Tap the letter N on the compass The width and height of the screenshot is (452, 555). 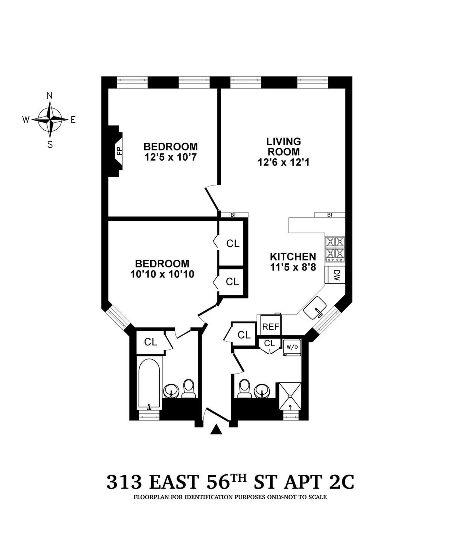pyautogui.click(x=49, y=96)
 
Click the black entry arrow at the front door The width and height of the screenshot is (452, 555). pyautogui.click(x=216, y=429)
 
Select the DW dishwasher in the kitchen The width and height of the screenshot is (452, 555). pyautogui.click(x=335, y=275)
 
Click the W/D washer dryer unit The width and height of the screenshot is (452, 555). pyautogui.click(x=292, y=348)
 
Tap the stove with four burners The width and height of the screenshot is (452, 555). pyautogui.click(x=335, y=249)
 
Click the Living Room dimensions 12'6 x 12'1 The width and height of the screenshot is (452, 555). pyautogui.click(x=283, y=162)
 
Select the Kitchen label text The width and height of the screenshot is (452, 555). pyautogui.click(x=293, y=257)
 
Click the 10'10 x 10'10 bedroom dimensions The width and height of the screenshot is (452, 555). pyautogui.click(x=162, y=274)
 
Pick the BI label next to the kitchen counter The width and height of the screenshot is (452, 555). pyautogui.click(x=330, y=215)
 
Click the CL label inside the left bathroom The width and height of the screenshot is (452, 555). pyautogui.click(x=151, y=342)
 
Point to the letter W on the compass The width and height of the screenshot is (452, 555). pyautogui.click(x=26, y=120)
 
